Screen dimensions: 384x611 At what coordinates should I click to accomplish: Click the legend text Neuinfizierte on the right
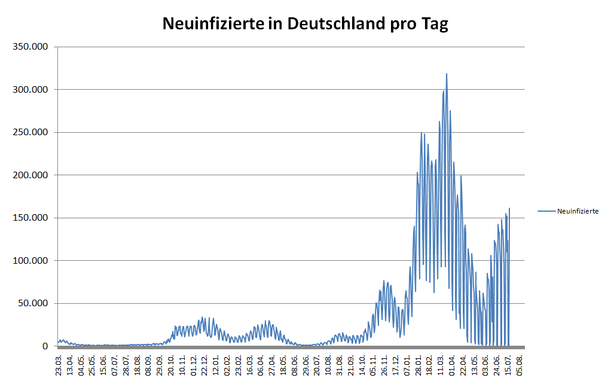point(578,211)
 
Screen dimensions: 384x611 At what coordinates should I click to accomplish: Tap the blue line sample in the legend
point(546,211)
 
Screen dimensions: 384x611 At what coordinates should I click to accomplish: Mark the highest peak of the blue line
point(446,74)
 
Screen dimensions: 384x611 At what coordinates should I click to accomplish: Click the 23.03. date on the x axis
point(59,363)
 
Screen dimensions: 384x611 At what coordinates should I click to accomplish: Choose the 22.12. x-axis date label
point(205,363)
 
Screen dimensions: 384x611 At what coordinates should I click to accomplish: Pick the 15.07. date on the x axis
point(509,363)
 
